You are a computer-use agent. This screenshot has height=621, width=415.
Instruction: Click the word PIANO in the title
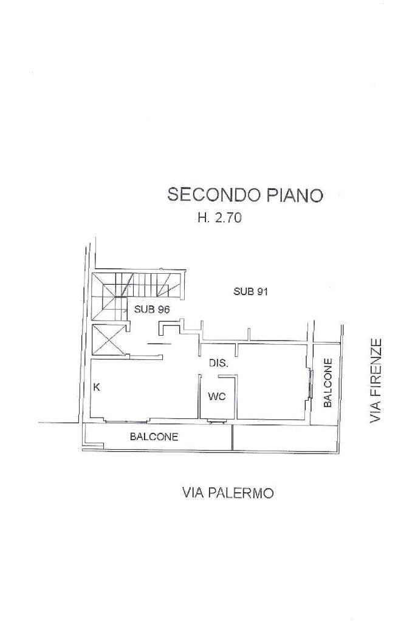pyautogui.click(x=293, y=195)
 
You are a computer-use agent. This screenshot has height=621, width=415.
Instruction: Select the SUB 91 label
pyautogui.click(x=251, y=291)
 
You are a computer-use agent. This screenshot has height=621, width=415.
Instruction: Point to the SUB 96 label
pyautogui.click(x=151, y=309)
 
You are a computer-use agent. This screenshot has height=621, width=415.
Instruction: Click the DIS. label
pyautogui.click(x=219, y=364)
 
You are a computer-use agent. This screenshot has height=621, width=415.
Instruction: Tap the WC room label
pyautogui.click(x=217, y=397)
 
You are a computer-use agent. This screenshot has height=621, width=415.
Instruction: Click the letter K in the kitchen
pyautogui.click(x=97, y=387)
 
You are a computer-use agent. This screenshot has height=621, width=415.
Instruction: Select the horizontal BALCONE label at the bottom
pyautogui.click(x=154, y=436)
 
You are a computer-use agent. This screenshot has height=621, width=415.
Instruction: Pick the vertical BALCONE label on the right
pyautogui.click(x=328, y=383)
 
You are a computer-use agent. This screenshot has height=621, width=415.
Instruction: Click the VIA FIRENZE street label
pyautogui.click(x=377, y=381)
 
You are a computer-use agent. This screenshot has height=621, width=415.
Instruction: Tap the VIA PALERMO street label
pyautogui.click(x=228, y=493)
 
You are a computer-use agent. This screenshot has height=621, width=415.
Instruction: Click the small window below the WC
pyautogui.click(x=215, y=420)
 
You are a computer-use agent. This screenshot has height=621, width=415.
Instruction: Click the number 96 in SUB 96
pyautogui.click(x=162, y=309)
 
